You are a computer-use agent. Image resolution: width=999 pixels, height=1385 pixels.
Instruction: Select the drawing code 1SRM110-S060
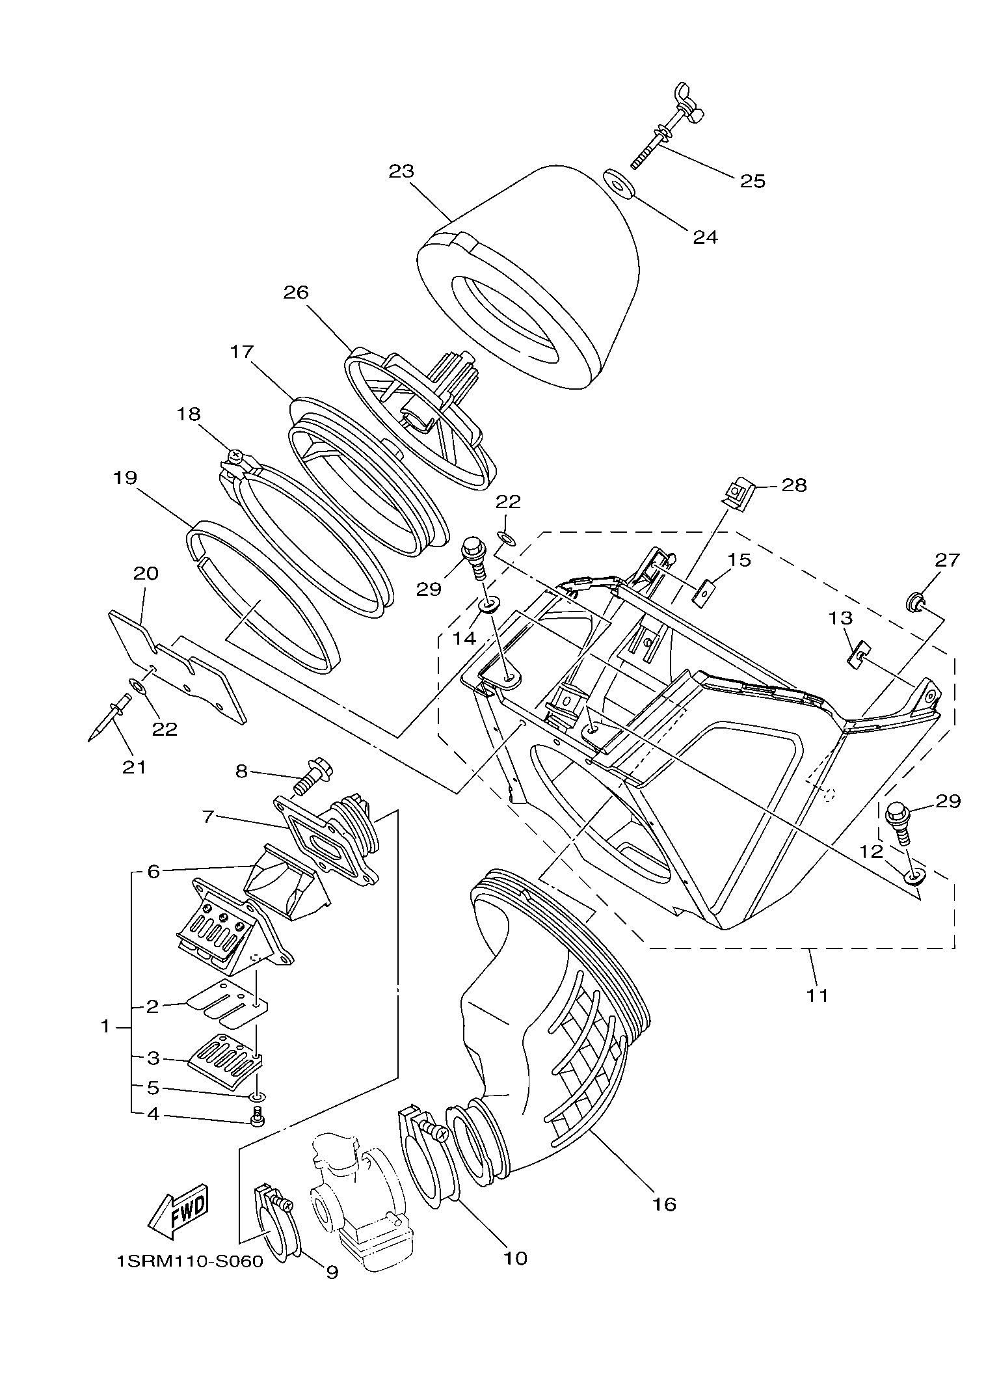[189, 1262]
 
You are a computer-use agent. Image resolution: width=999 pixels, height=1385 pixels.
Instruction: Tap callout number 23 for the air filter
[401, 172]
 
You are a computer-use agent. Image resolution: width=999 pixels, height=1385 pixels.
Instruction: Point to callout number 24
[705, 237]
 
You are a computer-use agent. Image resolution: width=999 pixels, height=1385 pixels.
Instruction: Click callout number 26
[295, 292]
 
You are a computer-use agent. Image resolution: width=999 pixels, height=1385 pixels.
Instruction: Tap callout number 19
[125, 478]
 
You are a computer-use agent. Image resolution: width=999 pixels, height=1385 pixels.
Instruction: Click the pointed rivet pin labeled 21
[107, 718]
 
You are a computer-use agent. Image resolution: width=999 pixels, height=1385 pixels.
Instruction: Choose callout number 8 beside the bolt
[241, 772]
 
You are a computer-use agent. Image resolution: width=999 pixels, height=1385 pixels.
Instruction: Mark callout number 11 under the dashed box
[818, 995]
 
